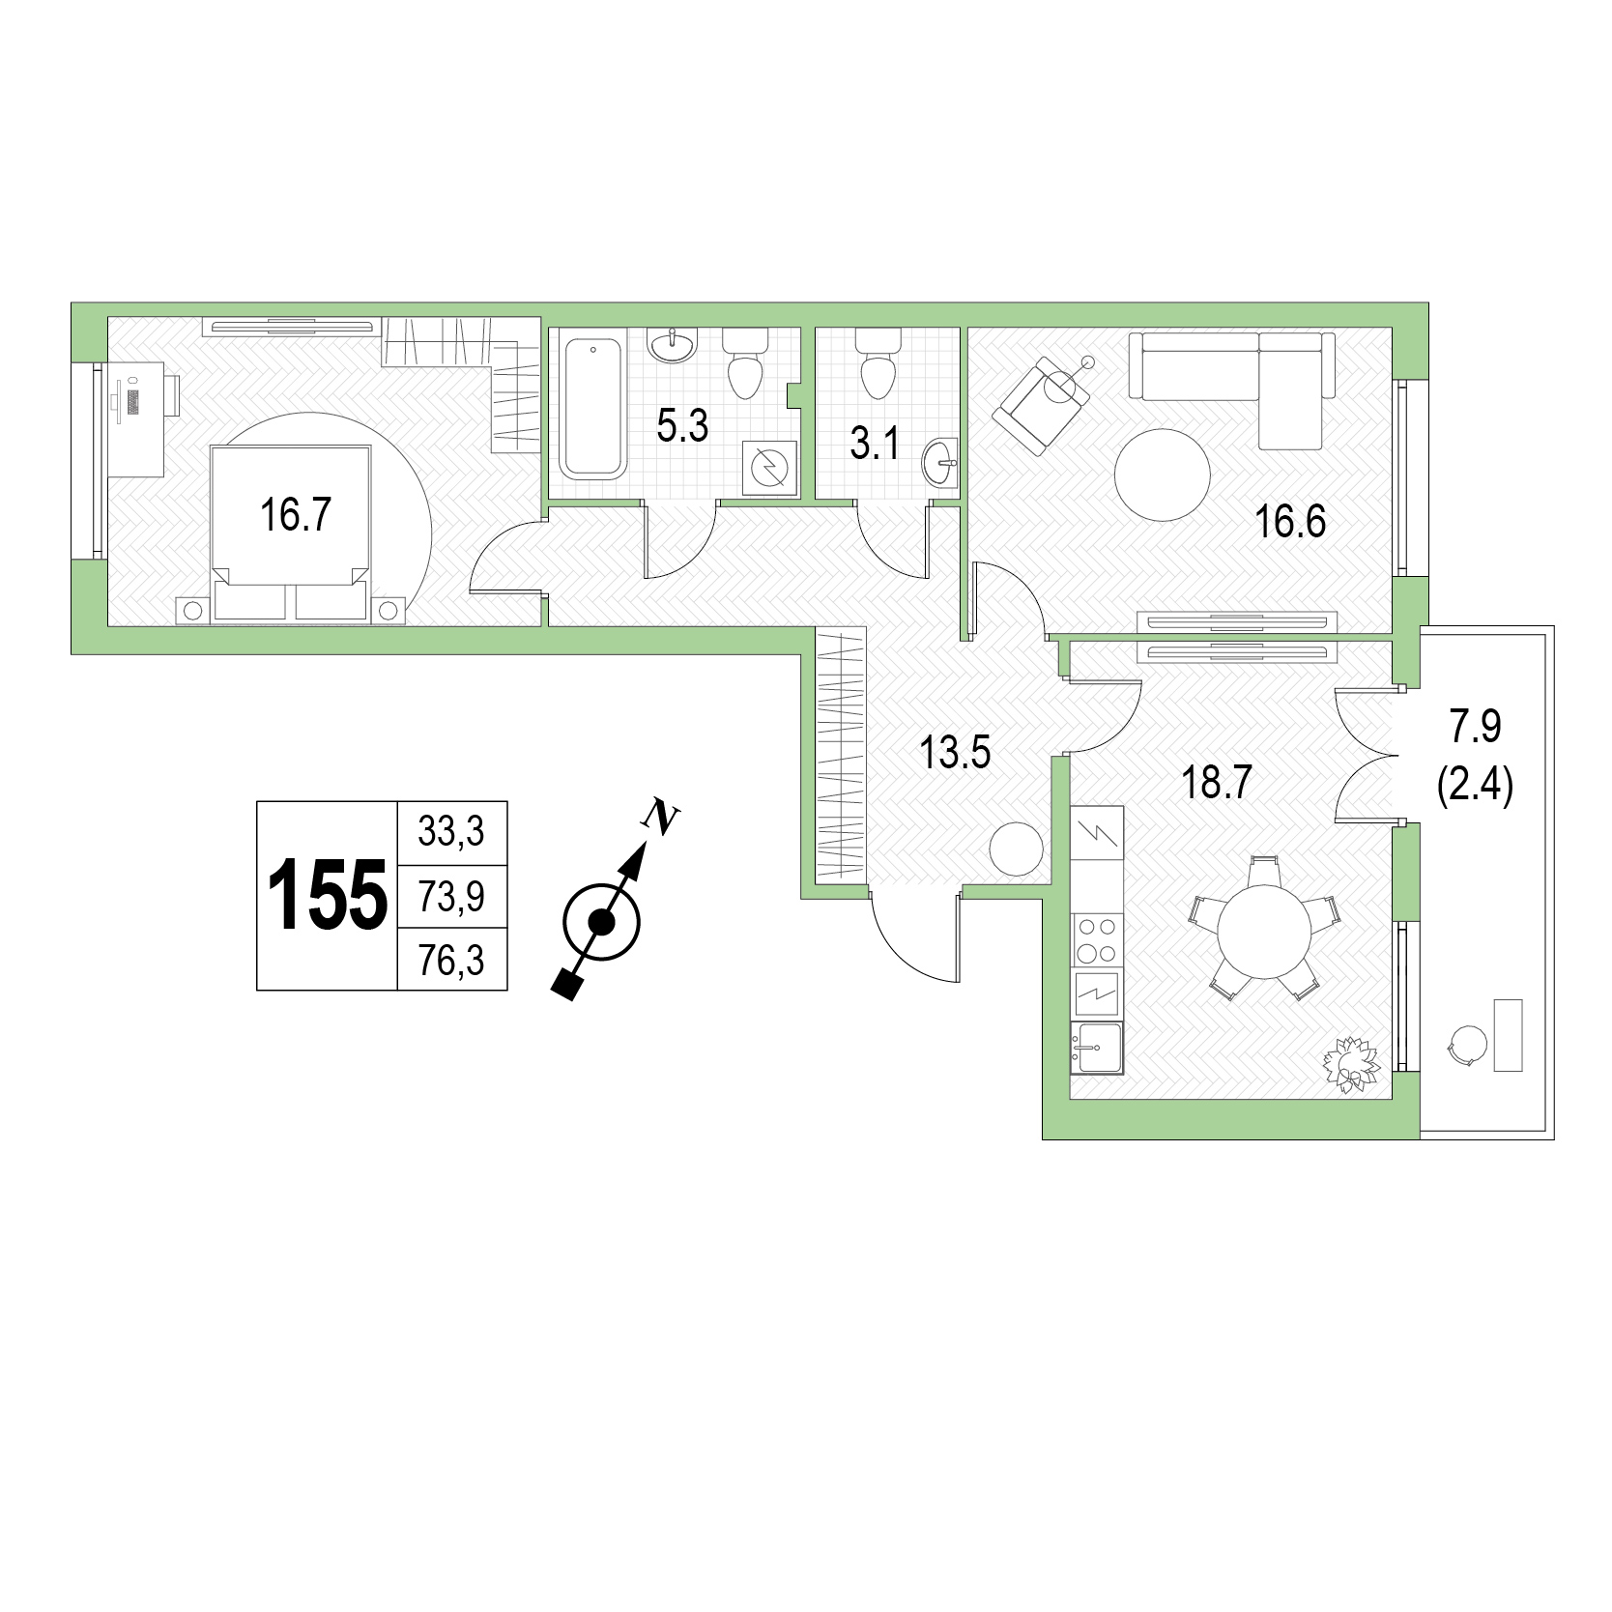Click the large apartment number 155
(x=327, y=896)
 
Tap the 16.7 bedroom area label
(x=296, y=514)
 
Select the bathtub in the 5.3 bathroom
(x=591, y=407)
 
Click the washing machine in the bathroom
(x=770, y=469)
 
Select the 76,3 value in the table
(x=452, y=961)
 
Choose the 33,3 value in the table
(x=451, y=831)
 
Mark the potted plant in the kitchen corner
(x=1352, y=1065)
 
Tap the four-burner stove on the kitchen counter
(x=1097, y=940)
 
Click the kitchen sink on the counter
(x=1097, y=1047)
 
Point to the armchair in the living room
(x=1044, y=404)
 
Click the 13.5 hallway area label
(x=955, y=752)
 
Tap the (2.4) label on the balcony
(x=1475, y=787)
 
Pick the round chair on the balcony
(x=1468, y=1044)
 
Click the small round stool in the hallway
(x=1017, y=849)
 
